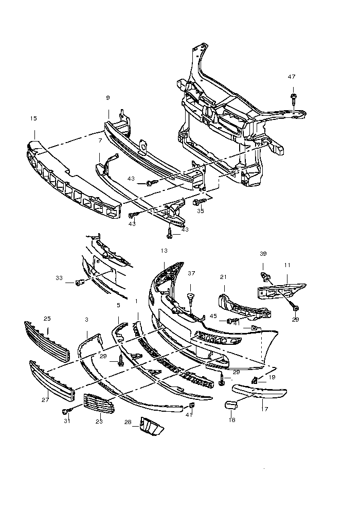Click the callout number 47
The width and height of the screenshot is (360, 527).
[292, 77]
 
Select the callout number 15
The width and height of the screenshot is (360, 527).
[33, 118]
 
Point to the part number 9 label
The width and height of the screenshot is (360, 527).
[108, 98]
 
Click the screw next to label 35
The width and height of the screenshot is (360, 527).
[199, 202]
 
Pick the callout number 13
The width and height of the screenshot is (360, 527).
[164, 251]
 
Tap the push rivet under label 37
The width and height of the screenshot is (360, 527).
[191, 297]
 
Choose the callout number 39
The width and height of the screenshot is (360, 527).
[263, 254]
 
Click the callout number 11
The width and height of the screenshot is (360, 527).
[287, 265]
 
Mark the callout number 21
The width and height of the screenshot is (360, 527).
[223, 277]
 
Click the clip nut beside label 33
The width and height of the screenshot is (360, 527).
[80, 282]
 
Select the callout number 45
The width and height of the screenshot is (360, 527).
[213, 316]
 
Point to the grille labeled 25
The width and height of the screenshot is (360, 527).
[46, 341]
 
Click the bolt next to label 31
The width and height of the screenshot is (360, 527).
[66, 411]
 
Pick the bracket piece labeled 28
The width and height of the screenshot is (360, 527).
[152, 426]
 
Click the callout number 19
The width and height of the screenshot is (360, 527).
[272, 377]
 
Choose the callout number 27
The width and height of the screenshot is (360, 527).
[45, 399]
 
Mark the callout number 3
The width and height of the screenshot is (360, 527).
[87, 320]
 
